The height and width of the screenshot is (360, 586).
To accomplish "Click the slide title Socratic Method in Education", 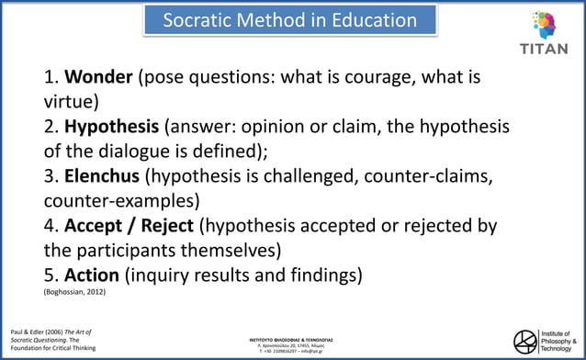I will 289,20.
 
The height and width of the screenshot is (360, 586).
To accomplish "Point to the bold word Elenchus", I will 102,175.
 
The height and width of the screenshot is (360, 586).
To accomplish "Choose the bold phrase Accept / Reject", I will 129,226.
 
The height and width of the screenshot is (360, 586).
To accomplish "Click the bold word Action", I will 92,275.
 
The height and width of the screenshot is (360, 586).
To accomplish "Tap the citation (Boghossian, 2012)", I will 74,292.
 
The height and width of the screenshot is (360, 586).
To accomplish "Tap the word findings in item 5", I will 322,275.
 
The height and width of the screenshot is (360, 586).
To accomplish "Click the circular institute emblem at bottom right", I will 525,340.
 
